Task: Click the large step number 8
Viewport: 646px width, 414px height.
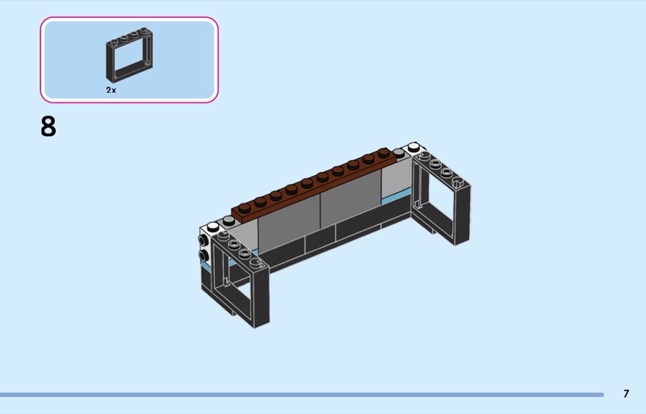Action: click(x=48, y=127)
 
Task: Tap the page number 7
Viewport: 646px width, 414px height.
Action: click(x=627, y=394)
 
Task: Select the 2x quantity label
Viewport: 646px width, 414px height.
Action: click(x=111, y=90)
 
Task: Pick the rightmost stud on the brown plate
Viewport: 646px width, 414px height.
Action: click(x=384, y=152)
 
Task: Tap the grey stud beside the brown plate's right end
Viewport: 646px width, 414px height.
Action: click(x=398, y=153)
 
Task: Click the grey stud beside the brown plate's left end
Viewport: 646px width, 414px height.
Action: click(x=228, y=221)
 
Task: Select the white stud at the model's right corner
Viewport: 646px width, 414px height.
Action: click(x=413, y=146)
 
